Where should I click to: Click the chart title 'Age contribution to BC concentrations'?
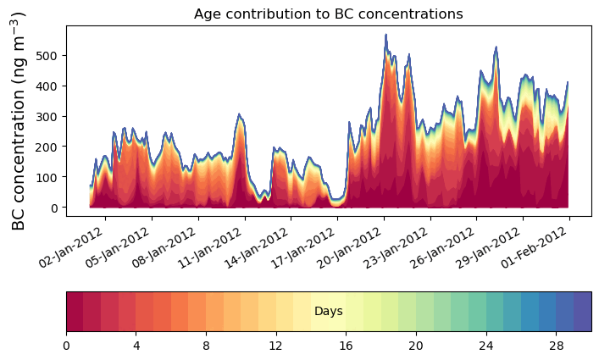click(328, 14)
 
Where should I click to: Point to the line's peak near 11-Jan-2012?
click(240, 114)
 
